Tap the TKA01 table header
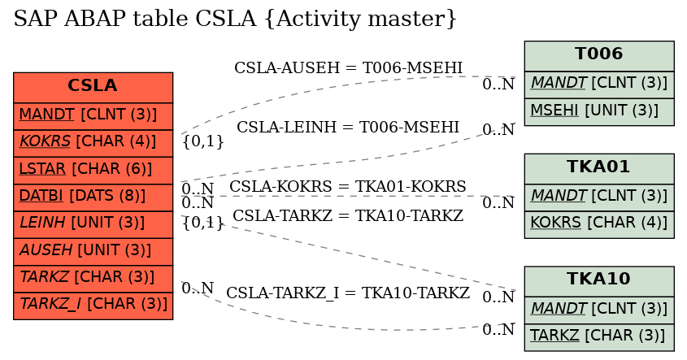(599, 168)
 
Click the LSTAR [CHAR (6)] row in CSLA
(93, 171)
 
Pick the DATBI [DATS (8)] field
(93, 197)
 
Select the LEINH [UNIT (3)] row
(93, 224)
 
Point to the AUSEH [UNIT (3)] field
(93, 252)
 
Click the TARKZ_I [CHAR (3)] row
(93, 306)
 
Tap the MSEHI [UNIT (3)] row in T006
(599, 112)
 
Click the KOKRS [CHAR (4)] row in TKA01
(599, 224)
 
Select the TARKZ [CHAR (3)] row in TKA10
(599, 337)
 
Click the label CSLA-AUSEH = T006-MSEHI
(348, 68)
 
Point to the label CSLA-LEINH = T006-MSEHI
(348, 127)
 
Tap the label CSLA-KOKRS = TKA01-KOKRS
(347, 187)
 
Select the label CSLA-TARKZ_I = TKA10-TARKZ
(347, 293)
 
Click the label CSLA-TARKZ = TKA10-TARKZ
(347, 216)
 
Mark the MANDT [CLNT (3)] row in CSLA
(93, 116)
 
